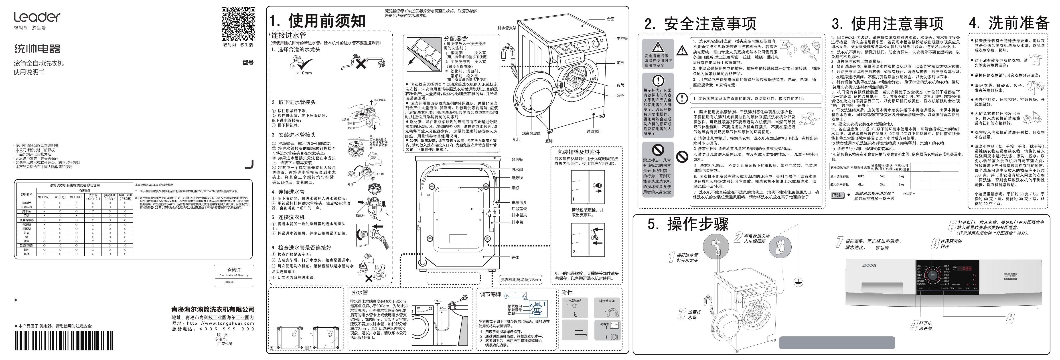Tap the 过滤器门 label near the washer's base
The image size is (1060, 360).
tap(594, 132)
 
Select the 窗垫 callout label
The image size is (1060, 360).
tap(620, 96)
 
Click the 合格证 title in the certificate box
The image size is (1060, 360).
tap(234, 270)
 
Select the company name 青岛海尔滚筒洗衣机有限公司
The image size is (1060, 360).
tap(213, 309)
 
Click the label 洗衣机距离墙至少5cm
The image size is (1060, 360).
tap(521, 280)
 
